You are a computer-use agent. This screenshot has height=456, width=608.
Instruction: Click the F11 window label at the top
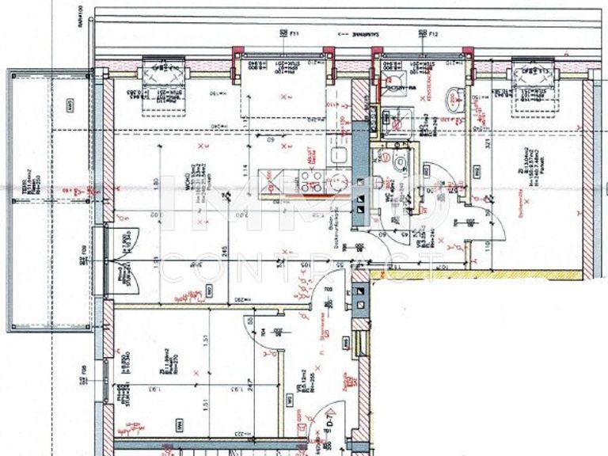(x=291, y=34)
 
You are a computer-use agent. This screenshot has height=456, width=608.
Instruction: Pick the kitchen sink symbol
(x=339, y=154)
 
